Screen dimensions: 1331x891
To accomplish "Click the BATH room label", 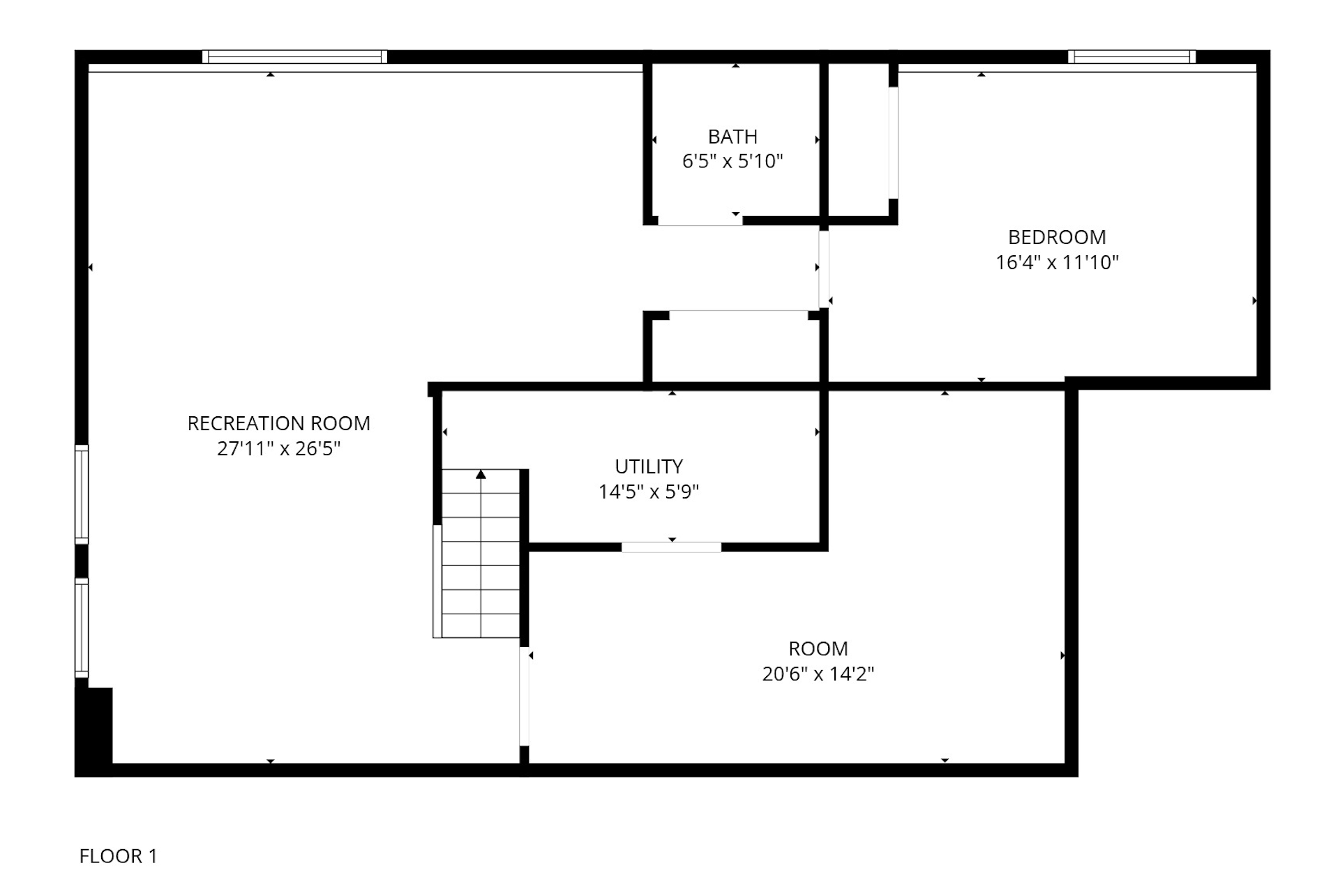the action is [x=732, y=137].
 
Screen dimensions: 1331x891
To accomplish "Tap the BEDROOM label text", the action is [x=1056, y=237].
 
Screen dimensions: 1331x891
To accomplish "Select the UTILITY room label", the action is [x=648, y=466].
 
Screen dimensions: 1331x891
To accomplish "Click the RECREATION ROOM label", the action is [x=278, y=423].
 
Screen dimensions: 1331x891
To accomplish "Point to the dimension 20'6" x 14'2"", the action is [x=818, y=673].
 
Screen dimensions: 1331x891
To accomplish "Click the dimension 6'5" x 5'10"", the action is [x=732, y=161].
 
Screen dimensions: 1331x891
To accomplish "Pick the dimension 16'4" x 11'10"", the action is [x=1056, y=262].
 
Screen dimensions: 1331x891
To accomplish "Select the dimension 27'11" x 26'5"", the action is [x=278, y=448].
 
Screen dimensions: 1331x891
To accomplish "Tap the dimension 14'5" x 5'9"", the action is [x=648, y=492].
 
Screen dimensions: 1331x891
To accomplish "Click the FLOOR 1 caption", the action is [x=118, y=855].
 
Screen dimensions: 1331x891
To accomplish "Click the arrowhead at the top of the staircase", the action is [x=481, y=474].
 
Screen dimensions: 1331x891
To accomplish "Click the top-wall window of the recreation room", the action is [x=294, y=56].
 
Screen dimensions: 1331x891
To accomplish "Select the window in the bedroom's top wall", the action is [x=1131, y=56].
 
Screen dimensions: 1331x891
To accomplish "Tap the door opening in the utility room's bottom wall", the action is [x=671, y=547].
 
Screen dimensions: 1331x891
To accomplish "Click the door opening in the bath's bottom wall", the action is [x=700, y=220].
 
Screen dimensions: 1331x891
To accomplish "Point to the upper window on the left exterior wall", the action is [x=82, y=494].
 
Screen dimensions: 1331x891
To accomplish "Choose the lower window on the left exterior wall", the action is [x=82, y=627].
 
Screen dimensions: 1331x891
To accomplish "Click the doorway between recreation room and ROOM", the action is [x=524, y=696].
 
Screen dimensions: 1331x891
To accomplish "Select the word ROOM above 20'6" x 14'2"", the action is [x=818, y=648].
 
